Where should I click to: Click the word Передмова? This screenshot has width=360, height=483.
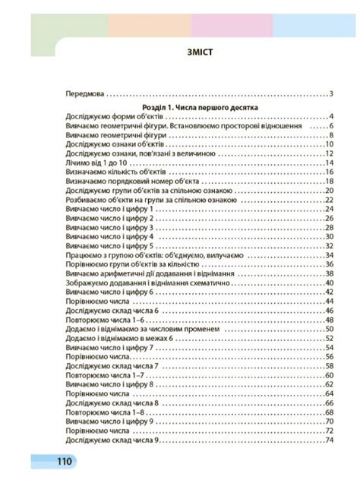point(84,94)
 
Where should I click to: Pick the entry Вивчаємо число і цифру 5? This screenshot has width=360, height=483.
point(110,246)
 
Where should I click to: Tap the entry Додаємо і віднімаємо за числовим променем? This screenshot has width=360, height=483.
point(144,330)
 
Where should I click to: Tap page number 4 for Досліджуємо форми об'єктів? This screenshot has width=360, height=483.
point(332,117)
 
